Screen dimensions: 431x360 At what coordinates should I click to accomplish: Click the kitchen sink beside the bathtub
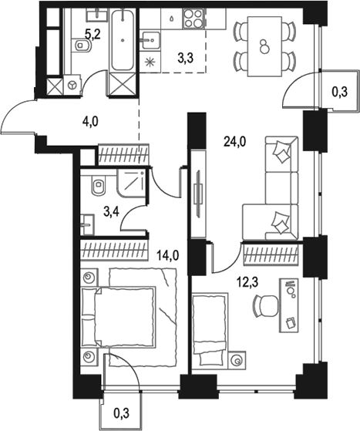[x=150, y=35]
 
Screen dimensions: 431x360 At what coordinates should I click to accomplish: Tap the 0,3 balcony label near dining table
[x=338, y=92]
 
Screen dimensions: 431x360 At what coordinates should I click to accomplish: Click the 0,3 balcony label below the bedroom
[x=120, y=413]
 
